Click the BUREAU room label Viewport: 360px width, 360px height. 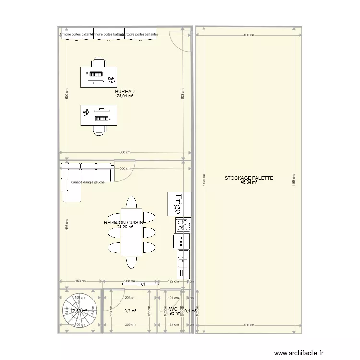click(125, 91)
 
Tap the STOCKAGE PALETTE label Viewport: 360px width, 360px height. click(249, 178)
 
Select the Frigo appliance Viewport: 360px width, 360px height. click(179, 204)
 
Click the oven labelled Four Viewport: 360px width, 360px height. click(181, 240)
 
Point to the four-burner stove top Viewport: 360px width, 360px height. click(183, 225)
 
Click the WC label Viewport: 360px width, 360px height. click(173, 309)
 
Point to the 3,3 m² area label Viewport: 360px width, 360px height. click(130, 311)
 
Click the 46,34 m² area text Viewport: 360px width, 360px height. click(249, 182)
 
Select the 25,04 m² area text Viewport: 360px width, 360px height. click(125, 96)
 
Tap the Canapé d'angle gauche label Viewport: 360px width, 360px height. click(88, 182)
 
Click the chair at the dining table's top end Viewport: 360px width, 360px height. click(132, 201)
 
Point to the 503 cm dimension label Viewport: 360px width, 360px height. click(183, 96)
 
